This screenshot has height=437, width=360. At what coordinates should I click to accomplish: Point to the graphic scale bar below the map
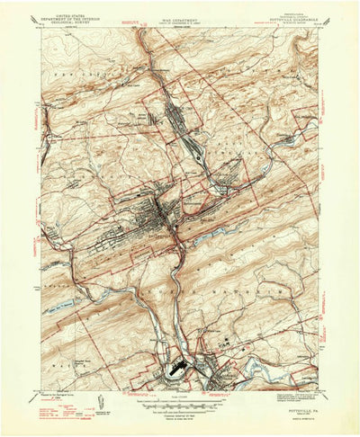tap(180, 401)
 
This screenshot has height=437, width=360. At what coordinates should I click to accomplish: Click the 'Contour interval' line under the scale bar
tap(180, 409)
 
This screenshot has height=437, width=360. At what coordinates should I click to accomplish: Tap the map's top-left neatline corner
tap(41, 30)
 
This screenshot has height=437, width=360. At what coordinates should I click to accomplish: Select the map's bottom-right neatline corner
tap(319, 393)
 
